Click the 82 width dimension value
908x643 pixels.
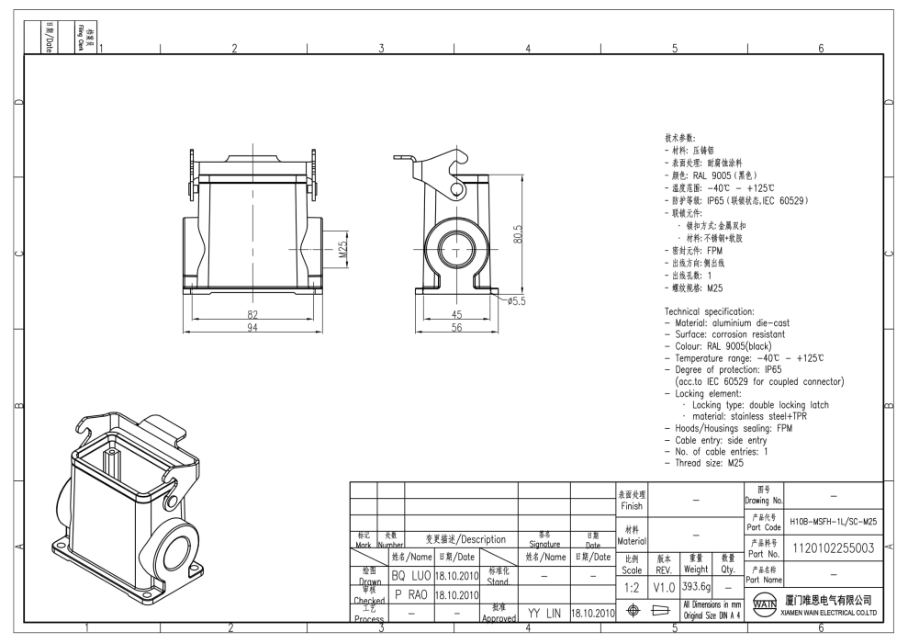(x=252, y=314)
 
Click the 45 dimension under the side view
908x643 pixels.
(x=455, y=314)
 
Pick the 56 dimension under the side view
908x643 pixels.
(x=455, y=330)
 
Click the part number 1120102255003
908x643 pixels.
(x=832, y=548)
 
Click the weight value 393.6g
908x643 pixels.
(x=696, y=586)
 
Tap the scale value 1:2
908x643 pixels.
(x=632, y=586)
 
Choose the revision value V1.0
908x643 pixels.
(x=665, y=586)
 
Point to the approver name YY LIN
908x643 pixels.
(x=544, y=612)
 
